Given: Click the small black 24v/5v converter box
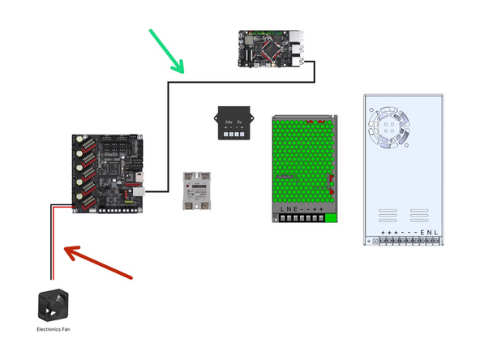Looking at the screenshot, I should coord(231,123).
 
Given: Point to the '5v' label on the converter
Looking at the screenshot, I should coord(240,121).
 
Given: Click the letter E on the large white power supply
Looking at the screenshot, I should coord(422,232).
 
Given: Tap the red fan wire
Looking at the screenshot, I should coord(55,243).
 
